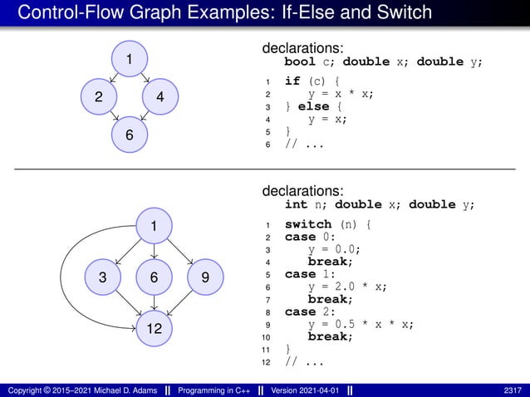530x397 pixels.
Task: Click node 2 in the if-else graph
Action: click(99, 97)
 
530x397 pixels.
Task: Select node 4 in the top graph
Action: click(160, 97)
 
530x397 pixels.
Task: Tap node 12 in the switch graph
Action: click(155, 330)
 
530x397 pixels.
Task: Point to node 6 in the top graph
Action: click(130, 135)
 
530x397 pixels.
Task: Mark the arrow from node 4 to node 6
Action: click(146, 118)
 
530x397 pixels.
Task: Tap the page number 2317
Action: click(513, 390)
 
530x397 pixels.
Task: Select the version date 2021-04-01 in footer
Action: click(320, 390)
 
